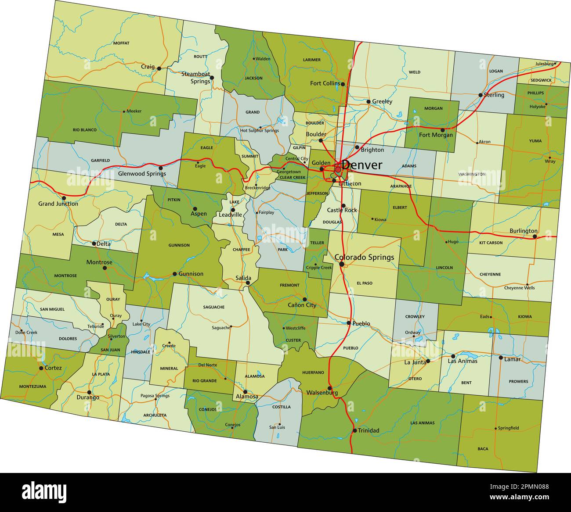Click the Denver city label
click(x=361, y=165)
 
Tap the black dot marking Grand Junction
click(x=64, y=198)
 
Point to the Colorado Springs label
click(x=364, y=257)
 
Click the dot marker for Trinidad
click(x=354, y=430)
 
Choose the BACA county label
click(x=483, y=449)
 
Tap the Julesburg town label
click(x=544, y=64)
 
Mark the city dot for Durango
click(x=89, y=392)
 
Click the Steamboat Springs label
click(x=195, y=78)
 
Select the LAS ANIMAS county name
click(x=422, y=423)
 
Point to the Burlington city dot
click(x=535, y=236)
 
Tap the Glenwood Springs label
click(x=142, y=173)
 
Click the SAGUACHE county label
click(x=214, y=307)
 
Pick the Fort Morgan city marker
click(x=442, y=130)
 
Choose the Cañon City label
click(x=302, y=305)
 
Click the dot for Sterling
click(x=481, y=95)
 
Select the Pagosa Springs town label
click(x=155, y=396)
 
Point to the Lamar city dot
click(x=501, y=358)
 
